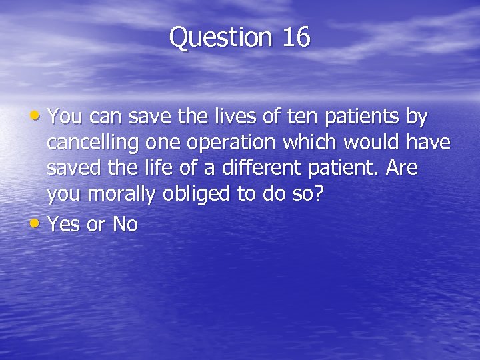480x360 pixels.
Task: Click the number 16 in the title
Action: click(296, 37)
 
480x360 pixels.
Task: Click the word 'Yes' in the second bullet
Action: click(64, 225)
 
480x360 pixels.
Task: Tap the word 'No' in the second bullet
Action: click(125, 225)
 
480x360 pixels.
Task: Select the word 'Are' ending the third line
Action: click(402, 169)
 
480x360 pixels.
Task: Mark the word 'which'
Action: click(317, 143)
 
